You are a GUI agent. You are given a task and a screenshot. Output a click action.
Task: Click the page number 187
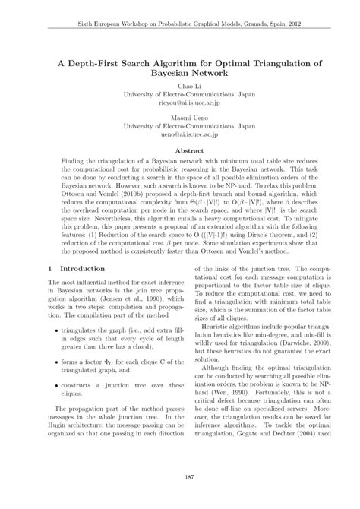[x=180, y=476]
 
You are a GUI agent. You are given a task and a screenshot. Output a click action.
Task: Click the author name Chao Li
[x=180, y=87]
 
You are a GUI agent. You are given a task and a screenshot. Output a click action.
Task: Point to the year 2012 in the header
[x=311, y=24]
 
